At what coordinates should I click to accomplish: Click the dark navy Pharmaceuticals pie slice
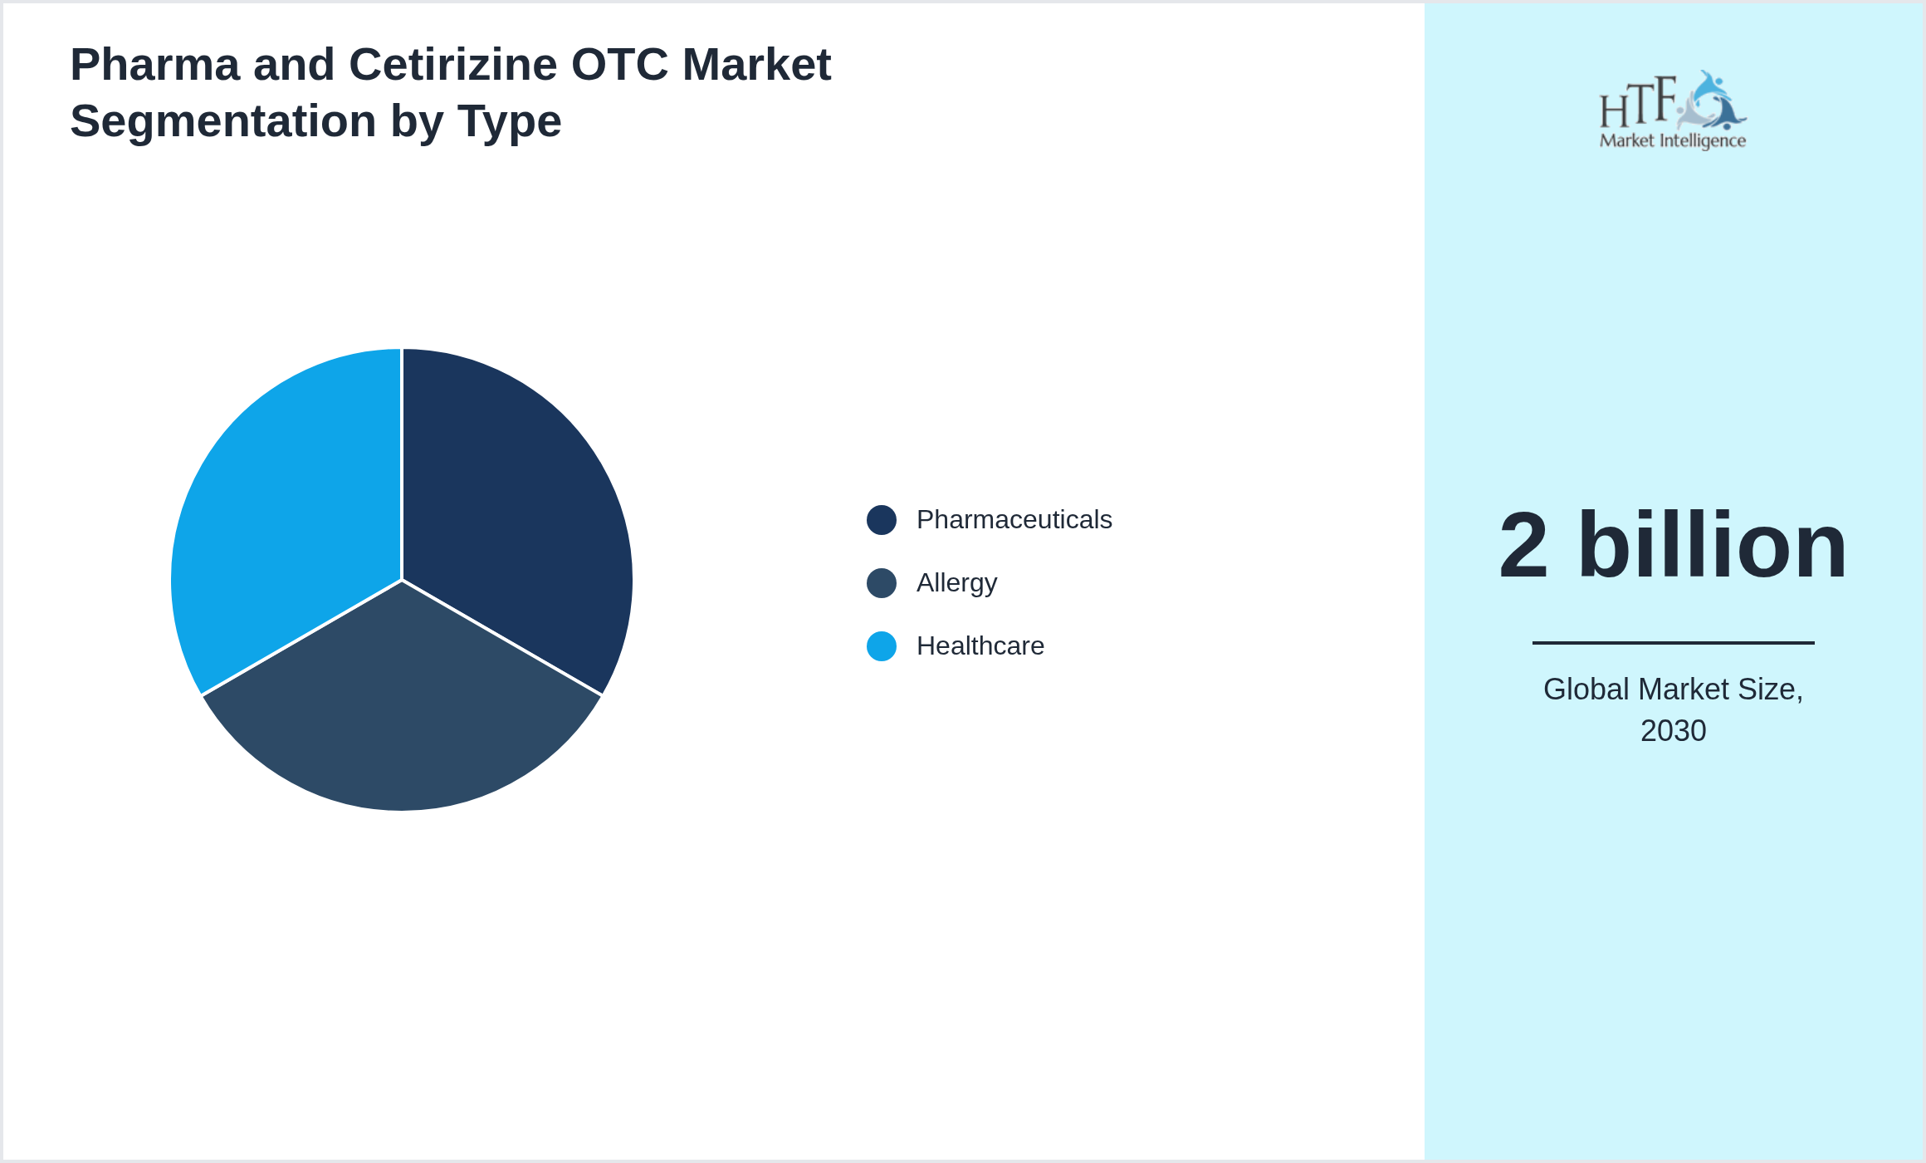[x=515, y=515]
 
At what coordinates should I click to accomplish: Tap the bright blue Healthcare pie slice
[x=286, y=515]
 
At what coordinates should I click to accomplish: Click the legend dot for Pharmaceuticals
[x=881, y=520]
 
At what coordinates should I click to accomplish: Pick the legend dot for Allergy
[x=881, y=583]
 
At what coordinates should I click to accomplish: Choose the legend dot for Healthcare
[x=881, y=646]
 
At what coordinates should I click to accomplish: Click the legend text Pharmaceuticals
[x=1014, y=520]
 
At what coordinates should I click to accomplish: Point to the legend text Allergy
[x=956, y=583]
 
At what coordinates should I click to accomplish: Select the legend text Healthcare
[x=980, y=646]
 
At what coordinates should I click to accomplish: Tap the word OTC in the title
[x=618, y=65]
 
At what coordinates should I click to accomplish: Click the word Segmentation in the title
[x=222, y=121]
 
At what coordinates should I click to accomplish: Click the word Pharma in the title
[x=154, y=65]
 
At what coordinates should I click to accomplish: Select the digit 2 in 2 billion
[x=1523, y=547]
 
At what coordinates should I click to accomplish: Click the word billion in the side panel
[x=1712, y=547]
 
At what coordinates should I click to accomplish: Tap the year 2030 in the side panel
[x=1673, y=731]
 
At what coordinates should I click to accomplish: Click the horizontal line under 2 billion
[x=1673, y=642]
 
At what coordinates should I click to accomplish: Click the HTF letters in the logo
[x=1637, y=104]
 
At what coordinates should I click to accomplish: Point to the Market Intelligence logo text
[x=1672, y=141]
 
